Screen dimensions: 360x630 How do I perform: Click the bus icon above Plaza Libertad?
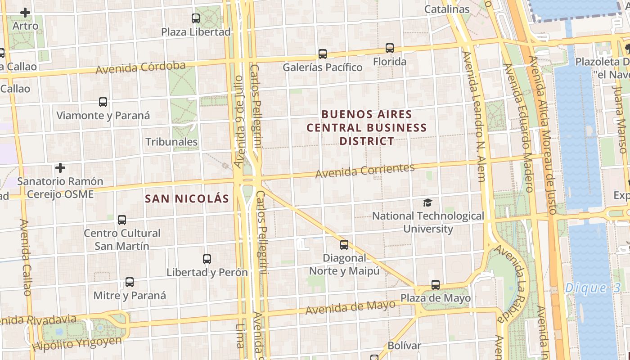(196, 18)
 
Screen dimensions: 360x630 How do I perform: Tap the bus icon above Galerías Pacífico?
(323, 54)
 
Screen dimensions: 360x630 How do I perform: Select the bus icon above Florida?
(390, 48)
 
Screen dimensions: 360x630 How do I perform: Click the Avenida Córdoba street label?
(140, 67)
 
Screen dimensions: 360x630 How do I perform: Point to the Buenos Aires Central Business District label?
(366, 128)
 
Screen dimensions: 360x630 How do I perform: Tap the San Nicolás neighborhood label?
(187, 198)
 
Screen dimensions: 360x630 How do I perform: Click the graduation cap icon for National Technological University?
(427, 202)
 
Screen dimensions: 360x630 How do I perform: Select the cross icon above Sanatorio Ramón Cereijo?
(60, 168)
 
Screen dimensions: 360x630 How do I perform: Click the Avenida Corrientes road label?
(364, 171)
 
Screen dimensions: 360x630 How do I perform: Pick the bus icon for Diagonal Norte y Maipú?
(344, 245)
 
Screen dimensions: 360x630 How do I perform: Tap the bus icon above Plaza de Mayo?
(436, 285)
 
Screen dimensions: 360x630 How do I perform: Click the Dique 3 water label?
(593, 288)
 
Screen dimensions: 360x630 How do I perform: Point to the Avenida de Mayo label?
(351, 307)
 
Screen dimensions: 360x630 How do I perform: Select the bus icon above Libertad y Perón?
(207, 259)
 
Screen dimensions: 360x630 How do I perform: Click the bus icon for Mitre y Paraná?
(130, 282)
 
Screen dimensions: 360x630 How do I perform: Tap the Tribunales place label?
(171, 142)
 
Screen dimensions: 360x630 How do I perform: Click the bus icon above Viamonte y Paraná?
(103, 102)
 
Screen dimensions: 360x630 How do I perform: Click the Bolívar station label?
(404, 346)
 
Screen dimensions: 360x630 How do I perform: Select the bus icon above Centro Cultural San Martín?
(122, 220)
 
